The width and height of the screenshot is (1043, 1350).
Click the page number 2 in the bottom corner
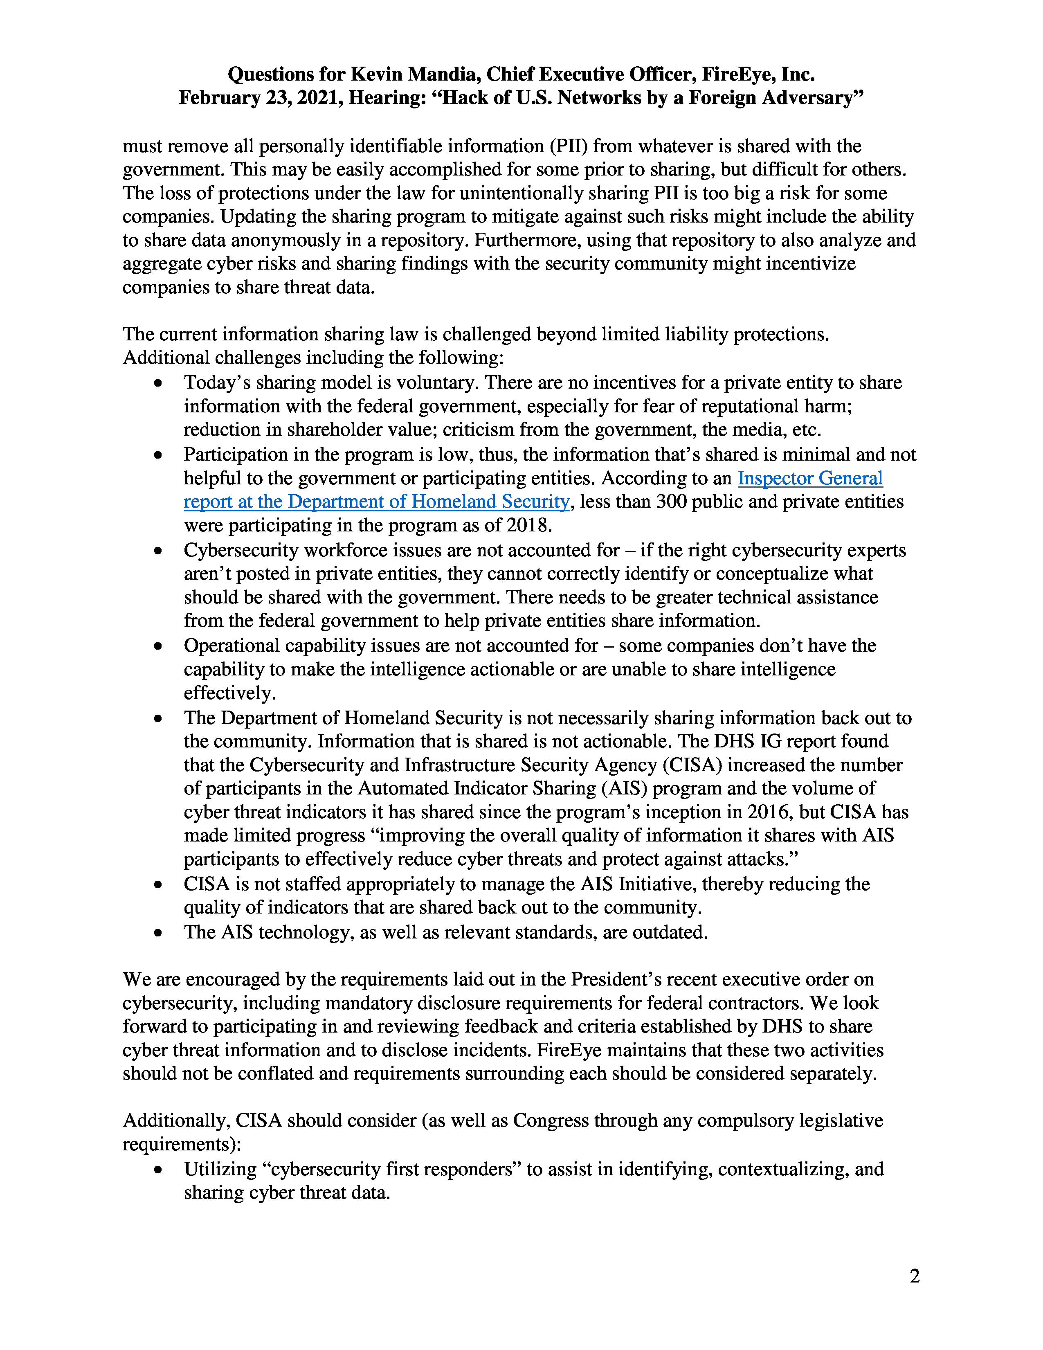(x=915, y=1276)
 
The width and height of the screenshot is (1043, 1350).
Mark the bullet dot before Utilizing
(x=159, y=1170)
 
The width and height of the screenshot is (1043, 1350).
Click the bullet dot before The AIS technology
(x=159, y=932)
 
